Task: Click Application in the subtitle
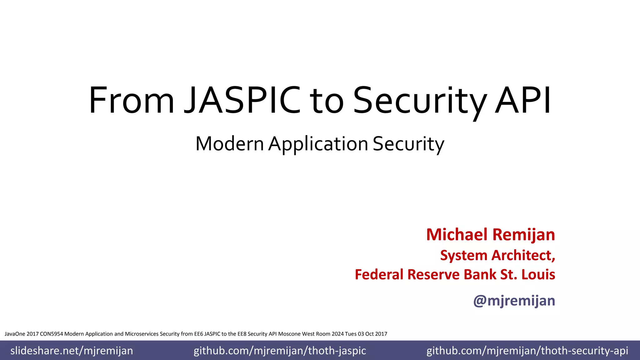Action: pos(318,144)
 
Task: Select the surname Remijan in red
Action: pos(523,235)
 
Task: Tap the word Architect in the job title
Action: pos(523,255)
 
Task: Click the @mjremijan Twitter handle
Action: pos(514,301)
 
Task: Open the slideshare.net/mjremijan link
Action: pos(72,351)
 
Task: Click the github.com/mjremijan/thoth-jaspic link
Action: pos(280,351)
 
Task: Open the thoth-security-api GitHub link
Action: pos(527,351)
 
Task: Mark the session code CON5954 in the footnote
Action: pos(52,334)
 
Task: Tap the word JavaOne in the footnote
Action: pos(15,334)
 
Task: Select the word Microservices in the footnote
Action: pos(142,334)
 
